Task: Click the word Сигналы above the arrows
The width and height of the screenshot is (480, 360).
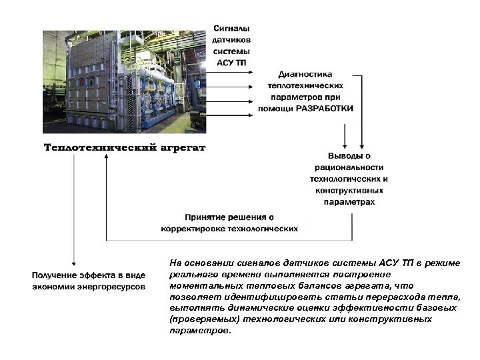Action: tap(232, 29)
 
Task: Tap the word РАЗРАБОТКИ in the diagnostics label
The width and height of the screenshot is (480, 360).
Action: tap(325, 107)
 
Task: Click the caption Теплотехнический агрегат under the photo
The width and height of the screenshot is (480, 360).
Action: tap(125, 147)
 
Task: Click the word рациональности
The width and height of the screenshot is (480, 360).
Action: tap(349, 167)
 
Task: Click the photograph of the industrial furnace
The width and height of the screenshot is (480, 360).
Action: tap(125, 81)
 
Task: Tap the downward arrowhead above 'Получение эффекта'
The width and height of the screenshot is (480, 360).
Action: tap(73, 265)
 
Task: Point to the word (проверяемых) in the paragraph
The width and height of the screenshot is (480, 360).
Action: tap(205, 319)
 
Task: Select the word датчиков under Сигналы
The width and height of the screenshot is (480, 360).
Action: tap(232, 40)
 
